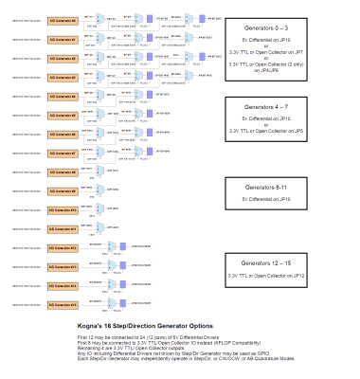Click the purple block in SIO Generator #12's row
coord(122,247)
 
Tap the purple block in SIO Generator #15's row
coord(122,304)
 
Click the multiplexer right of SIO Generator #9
coord(100,190)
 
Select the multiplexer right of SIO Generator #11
coord(100,228)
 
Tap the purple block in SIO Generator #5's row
coord(148,114)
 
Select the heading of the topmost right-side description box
coord(265,28)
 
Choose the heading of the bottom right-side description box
coord(265,262)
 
